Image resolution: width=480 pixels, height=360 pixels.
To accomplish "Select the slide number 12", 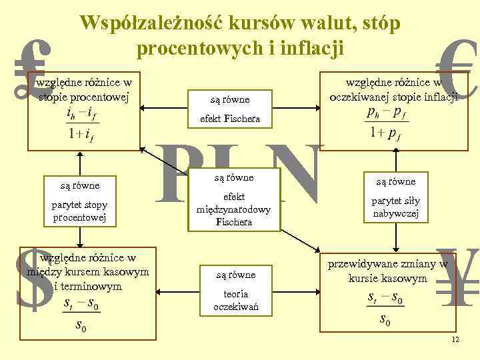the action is point(455,340).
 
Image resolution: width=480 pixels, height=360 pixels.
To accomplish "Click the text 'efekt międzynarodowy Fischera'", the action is point(233,209).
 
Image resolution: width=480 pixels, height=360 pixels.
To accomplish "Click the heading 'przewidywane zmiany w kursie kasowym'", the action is point(386,271).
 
